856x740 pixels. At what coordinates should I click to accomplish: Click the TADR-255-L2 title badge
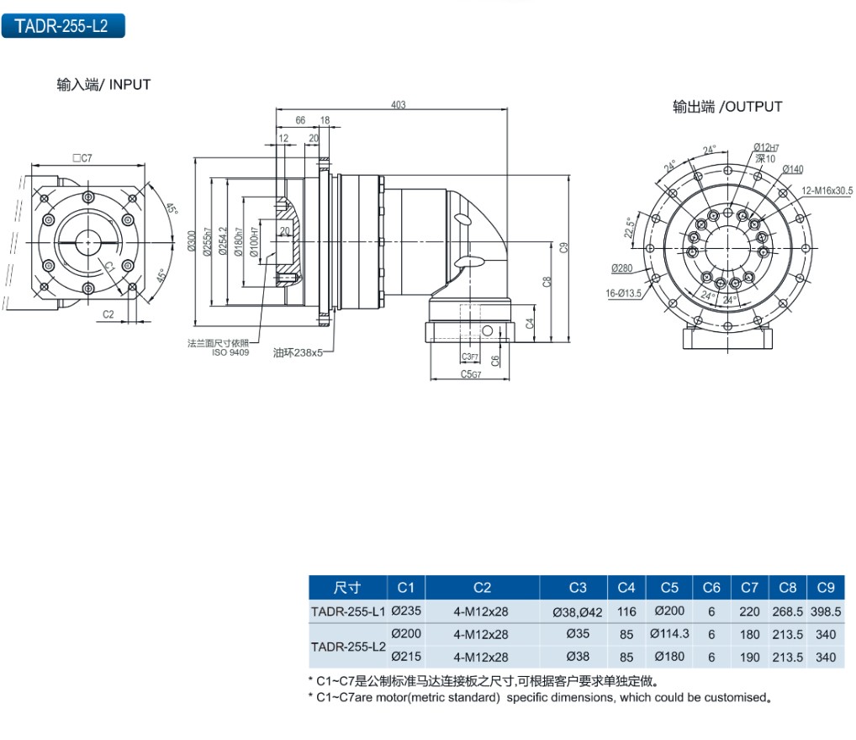tap(62, 25)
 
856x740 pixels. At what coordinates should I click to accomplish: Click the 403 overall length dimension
tap(399, 105)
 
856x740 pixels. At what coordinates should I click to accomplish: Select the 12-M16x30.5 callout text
tap(827, 191)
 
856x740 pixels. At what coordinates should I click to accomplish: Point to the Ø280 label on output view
tap(622, 268)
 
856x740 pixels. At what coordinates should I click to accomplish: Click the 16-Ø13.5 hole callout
tap(623, 293)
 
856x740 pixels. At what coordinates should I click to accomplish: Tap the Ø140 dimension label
tap(793, 169)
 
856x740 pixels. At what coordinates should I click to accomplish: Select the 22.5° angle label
tap(627, 227)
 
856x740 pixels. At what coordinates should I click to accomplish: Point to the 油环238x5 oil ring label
tap(299, 353)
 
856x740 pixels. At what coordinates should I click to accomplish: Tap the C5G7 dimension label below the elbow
tap(471, 374)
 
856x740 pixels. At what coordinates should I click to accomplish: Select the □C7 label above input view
tap(82, 157)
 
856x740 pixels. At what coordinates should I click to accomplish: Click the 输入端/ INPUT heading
tap(103, 84)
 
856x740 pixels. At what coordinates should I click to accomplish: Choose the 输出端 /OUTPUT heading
tap(727, 107)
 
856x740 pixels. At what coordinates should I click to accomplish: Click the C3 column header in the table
tap(578, 587)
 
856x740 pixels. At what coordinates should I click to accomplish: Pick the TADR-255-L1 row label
tap(347, 611)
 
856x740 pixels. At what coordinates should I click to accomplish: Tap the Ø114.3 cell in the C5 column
tap(669, 634)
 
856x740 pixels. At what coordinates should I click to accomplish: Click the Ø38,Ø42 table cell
tap(578, 611)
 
